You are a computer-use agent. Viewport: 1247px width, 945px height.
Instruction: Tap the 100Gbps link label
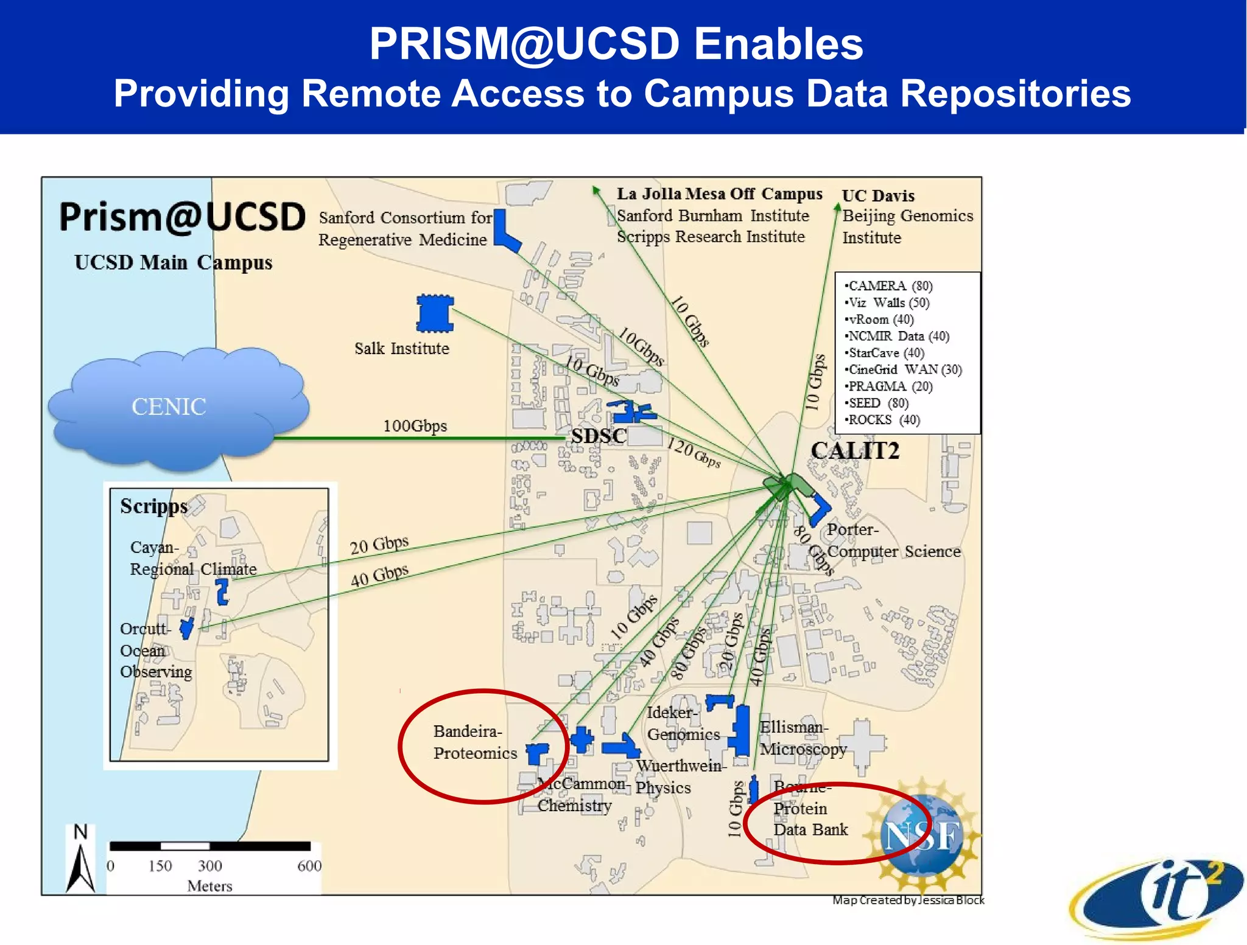(415, 426)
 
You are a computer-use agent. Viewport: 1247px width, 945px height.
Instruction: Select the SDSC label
(599, 436)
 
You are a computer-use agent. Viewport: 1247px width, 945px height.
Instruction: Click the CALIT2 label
(854, 451)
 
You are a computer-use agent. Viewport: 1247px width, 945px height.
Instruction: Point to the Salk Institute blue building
(435, 313)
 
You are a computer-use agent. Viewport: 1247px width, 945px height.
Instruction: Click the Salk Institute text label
(402, 349)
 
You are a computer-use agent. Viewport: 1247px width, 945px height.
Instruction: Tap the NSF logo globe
(921, 835)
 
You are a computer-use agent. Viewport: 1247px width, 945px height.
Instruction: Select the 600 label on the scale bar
(309, 866)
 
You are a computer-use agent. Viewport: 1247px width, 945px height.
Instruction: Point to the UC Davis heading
(878, 196)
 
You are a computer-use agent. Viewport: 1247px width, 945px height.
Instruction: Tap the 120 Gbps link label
(694, 453)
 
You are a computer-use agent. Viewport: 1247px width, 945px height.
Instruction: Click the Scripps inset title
(153, 506)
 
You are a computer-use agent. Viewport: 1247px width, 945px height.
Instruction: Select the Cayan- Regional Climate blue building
(222, 591)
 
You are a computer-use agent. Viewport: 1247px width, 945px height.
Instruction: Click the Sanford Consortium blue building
(505, 231)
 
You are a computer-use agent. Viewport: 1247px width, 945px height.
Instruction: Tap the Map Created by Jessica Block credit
(908, 900)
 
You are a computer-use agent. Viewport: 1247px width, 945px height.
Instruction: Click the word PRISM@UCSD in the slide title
(524, 44)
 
